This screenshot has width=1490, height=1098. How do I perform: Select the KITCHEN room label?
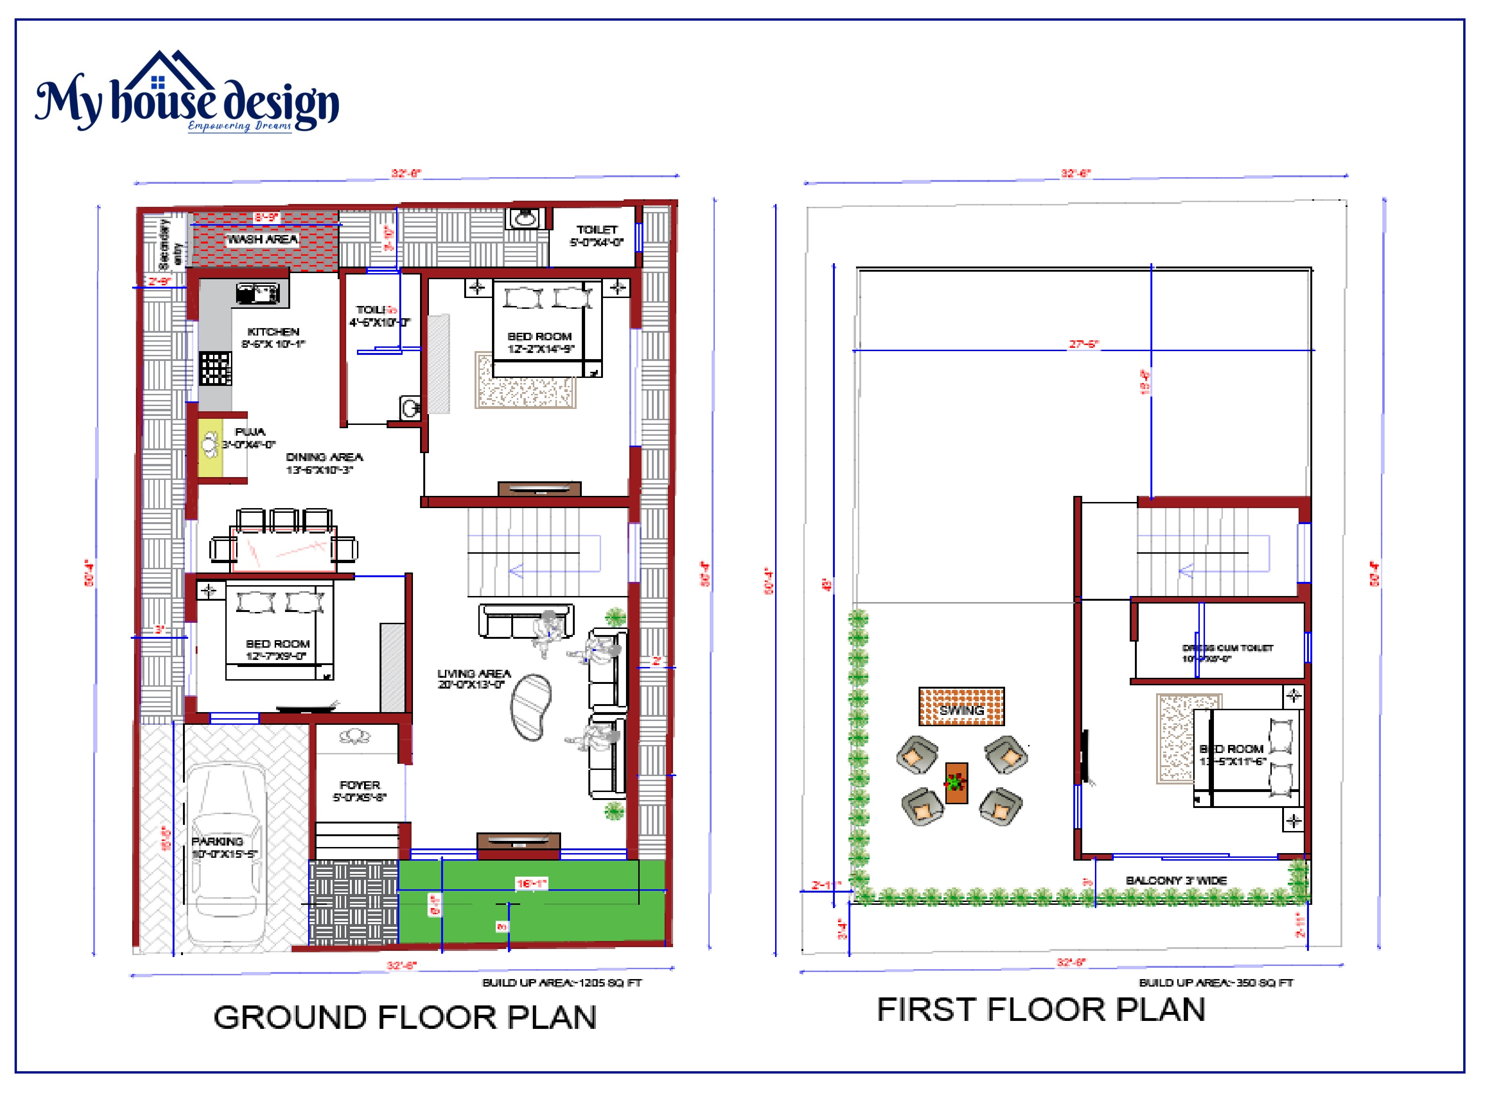tap(273, 332)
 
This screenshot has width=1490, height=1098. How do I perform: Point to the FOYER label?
tap(360, 785)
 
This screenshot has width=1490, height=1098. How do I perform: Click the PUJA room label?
tap(250, 432)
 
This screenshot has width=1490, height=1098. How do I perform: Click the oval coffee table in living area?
tap(531, 707)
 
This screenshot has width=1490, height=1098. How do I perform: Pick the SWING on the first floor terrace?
tap(961, 706)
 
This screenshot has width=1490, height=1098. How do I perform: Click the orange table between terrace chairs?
tap(956, 783)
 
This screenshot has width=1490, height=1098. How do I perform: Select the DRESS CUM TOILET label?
tap(1228, 648)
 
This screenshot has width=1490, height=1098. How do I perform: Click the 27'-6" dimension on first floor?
tap(1083, 344)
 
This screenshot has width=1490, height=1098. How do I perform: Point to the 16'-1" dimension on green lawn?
tap(531, 883)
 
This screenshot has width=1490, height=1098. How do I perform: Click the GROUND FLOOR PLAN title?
tap(405, 1018)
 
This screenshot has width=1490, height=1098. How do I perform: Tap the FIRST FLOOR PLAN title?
tap(1040, 1010)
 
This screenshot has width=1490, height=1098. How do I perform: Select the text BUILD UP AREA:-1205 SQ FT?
tap(562, 982)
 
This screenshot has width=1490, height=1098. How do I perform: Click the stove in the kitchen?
tap(215, 368)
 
